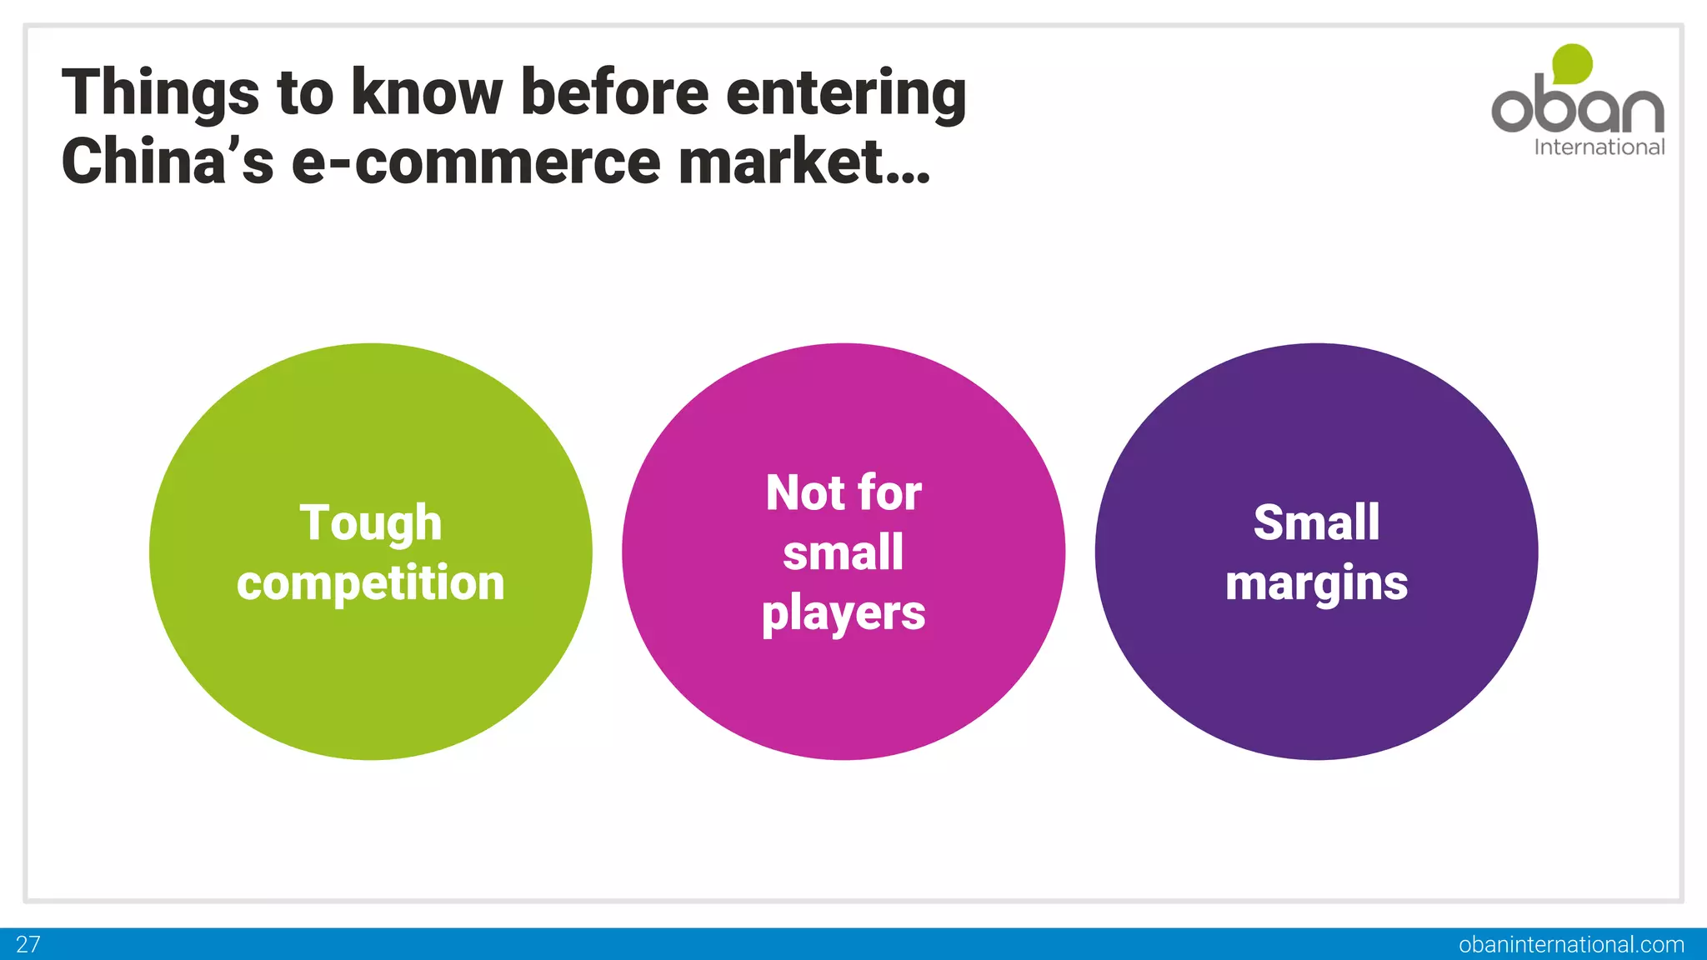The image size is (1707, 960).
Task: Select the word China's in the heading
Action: tap(167, 162)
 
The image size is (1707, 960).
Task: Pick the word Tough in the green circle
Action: tap(370, 522)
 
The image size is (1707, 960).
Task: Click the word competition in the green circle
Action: tap(370, 582)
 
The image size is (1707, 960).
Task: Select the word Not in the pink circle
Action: tap(805, 492)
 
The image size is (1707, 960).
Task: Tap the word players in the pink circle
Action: tap(843, 613)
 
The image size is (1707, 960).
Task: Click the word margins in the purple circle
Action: tap(1316, 582)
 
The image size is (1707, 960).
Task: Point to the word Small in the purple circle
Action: tap(1316, 522)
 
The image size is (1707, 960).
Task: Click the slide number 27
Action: tap(28, 944)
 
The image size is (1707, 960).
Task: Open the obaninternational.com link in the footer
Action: tap(1571, 944)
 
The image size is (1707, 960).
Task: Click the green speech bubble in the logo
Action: tap(1572, 63)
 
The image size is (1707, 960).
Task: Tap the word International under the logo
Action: tap(1599, 147)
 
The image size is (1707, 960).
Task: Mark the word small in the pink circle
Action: tap(843, 552)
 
